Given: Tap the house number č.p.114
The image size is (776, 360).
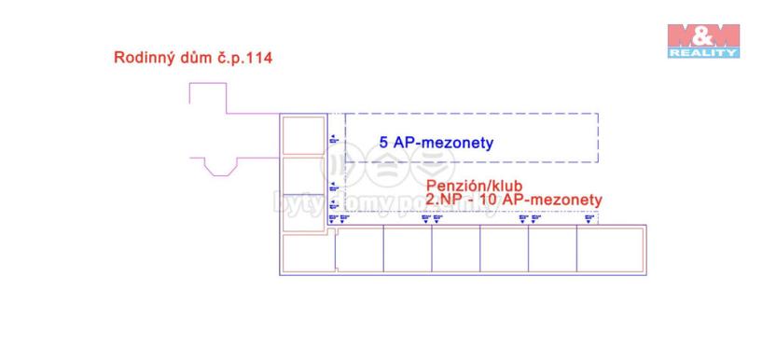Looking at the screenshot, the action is (241, 58).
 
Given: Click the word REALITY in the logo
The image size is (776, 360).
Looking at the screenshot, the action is (703, 53).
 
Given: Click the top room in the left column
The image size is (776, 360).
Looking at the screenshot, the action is (302, 135).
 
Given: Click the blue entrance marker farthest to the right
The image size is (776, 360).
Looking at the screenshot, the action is (589, 219).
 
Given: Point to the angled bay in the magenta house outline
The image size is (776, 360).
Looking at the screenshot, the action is (220, 168).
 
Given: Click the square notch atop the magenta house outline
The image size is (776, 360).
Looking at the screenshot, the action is (207, 96).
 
